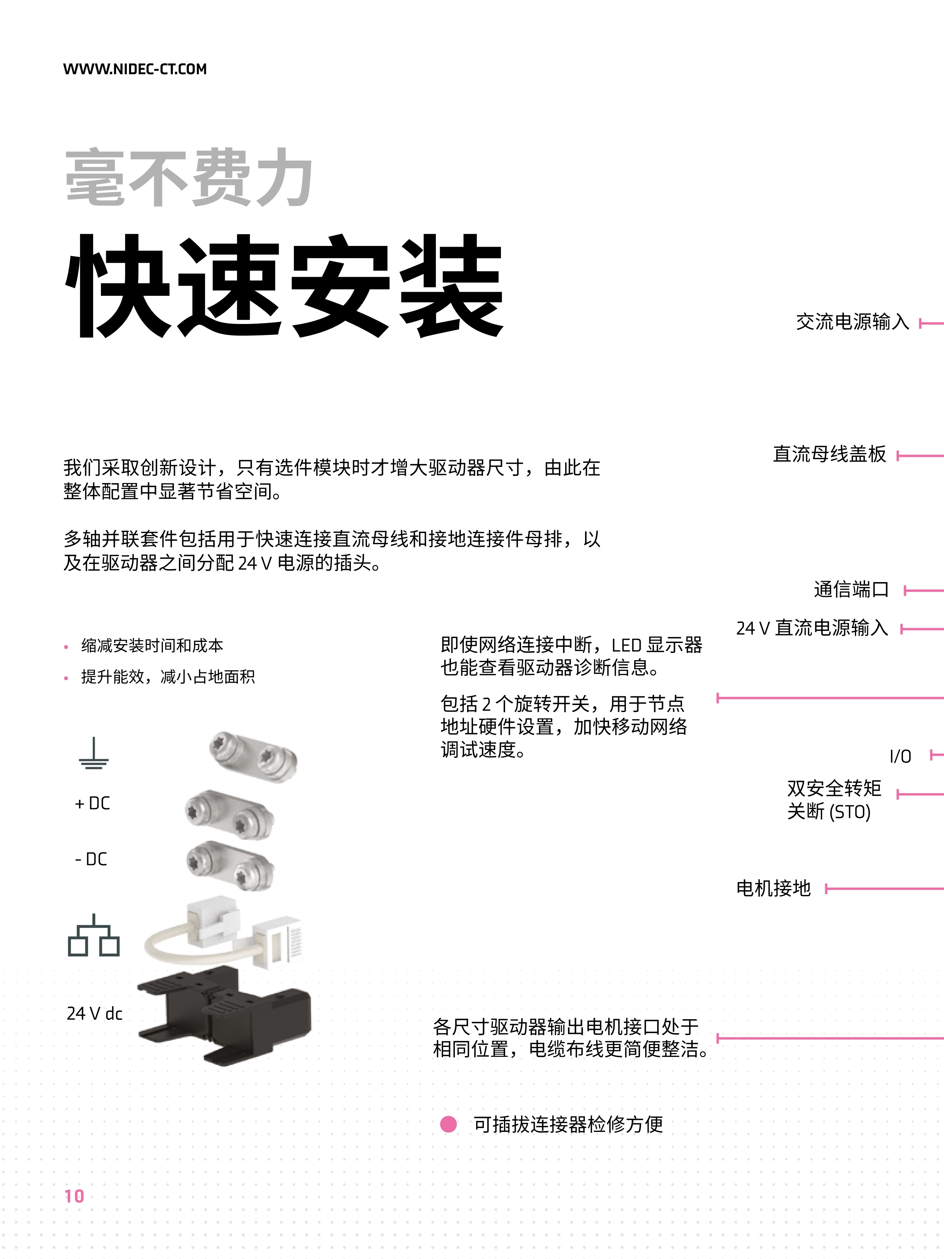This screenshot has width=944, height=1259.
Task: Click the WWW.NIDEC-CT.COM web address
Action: coord(135,69)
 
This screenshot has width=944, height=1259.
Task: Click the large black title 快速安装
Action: coord(284,286)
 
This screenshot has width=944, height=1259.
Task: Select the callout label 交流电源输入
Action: coord(852,322)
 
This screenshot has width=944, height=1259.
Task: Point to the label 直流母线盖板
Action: coord(829,454)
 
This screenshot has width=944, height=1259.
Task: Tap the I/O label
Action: coord(900,756)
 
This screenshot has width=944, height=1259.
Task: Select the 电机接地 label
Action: coord(773,888)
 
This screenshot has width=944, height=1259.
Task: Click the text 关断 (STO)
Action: coord(829,812)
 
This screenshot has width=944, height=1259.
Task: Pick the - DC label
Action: coord(91,859)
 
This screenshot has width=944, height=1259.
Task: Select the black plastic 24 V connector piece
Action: coord(225,1014)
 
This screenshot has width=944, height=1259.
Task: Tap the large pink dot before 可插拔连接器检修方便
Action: coord(448,1124)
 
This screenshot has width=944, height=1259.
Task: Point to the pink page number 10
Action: coord(74,1196)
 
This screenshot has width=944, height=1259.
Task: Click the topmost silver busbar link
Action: coord(253,757)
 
